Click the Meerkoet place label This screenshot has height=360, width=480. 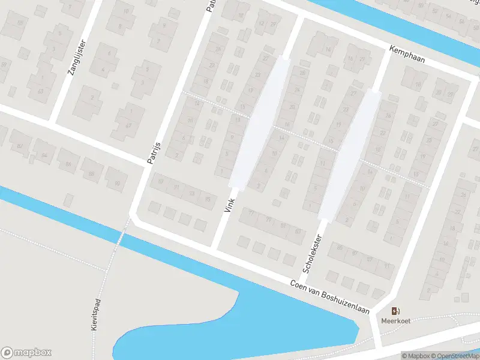coord(395,320)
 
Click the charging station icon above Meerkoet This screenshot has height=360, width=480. coord(395,311)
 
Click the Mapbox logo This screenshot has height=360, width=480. coord(26,353)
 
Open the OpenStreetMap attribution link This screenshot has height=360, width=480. coord(454,356)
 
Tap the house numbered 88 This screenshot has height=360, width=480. coord(91,174)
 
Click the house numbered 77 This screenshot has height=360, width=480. coord(251,213)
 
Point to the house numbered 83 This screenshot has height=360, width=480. coord(296,231)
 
